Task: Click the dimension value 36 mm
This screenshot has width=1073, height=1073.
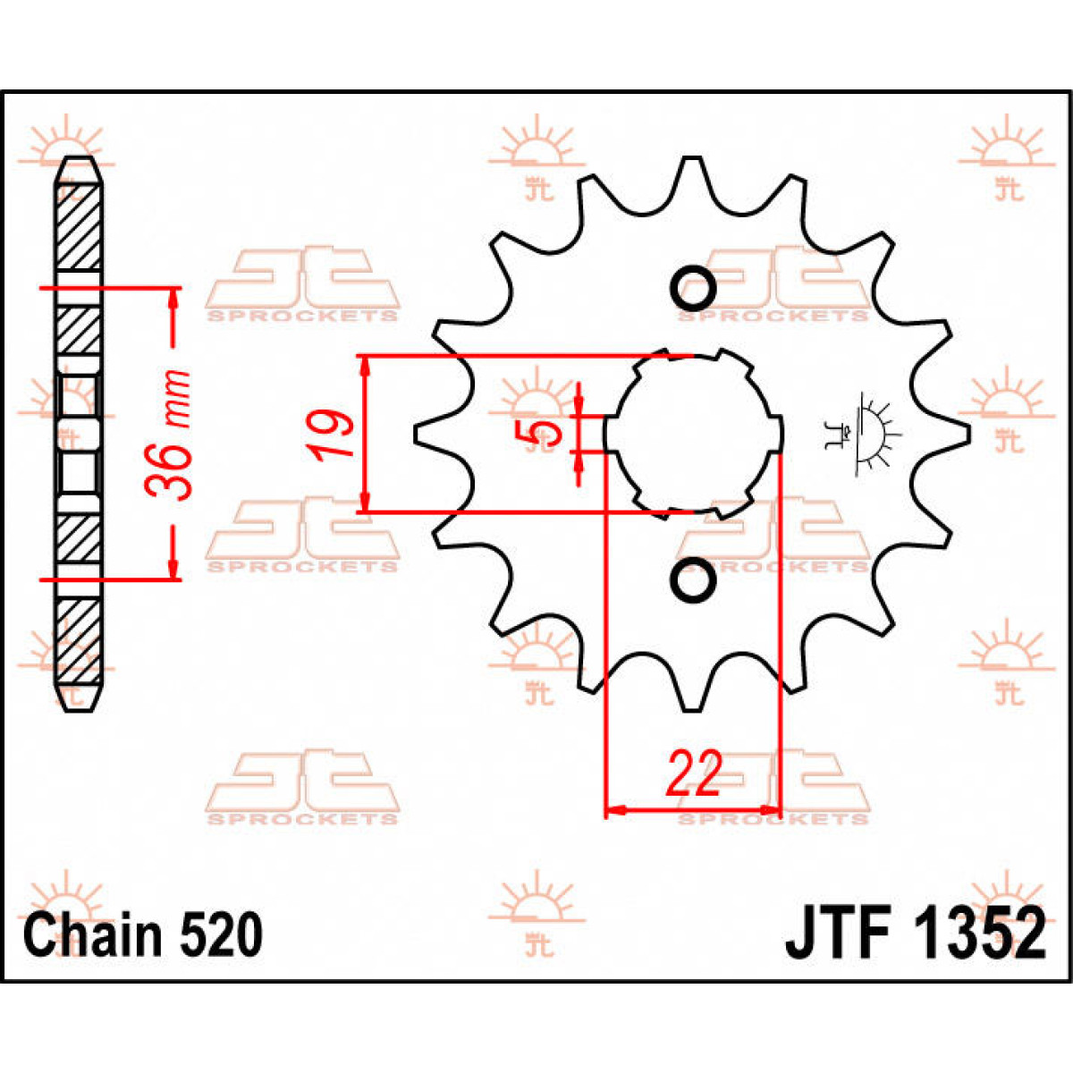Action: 170,434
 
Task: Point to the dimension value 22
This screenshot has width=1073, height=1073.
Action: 694,775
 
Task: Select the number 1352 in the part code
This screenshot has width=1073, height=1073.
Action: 979,934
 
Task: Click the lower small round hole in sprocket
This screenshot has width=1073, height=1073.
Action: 693,582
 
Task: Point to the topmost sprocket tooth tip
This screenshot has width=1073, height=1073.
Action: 689,161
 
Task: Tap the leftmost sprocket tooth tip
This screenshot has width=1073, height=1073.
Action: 418,434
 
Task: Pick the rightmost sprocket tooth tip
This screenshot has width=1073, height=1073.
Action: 967,433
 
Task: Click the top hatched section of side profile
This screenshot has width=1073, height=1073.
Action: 79,224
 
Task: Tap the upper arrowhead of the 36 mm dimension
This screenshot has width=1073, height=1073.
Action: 173,299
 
